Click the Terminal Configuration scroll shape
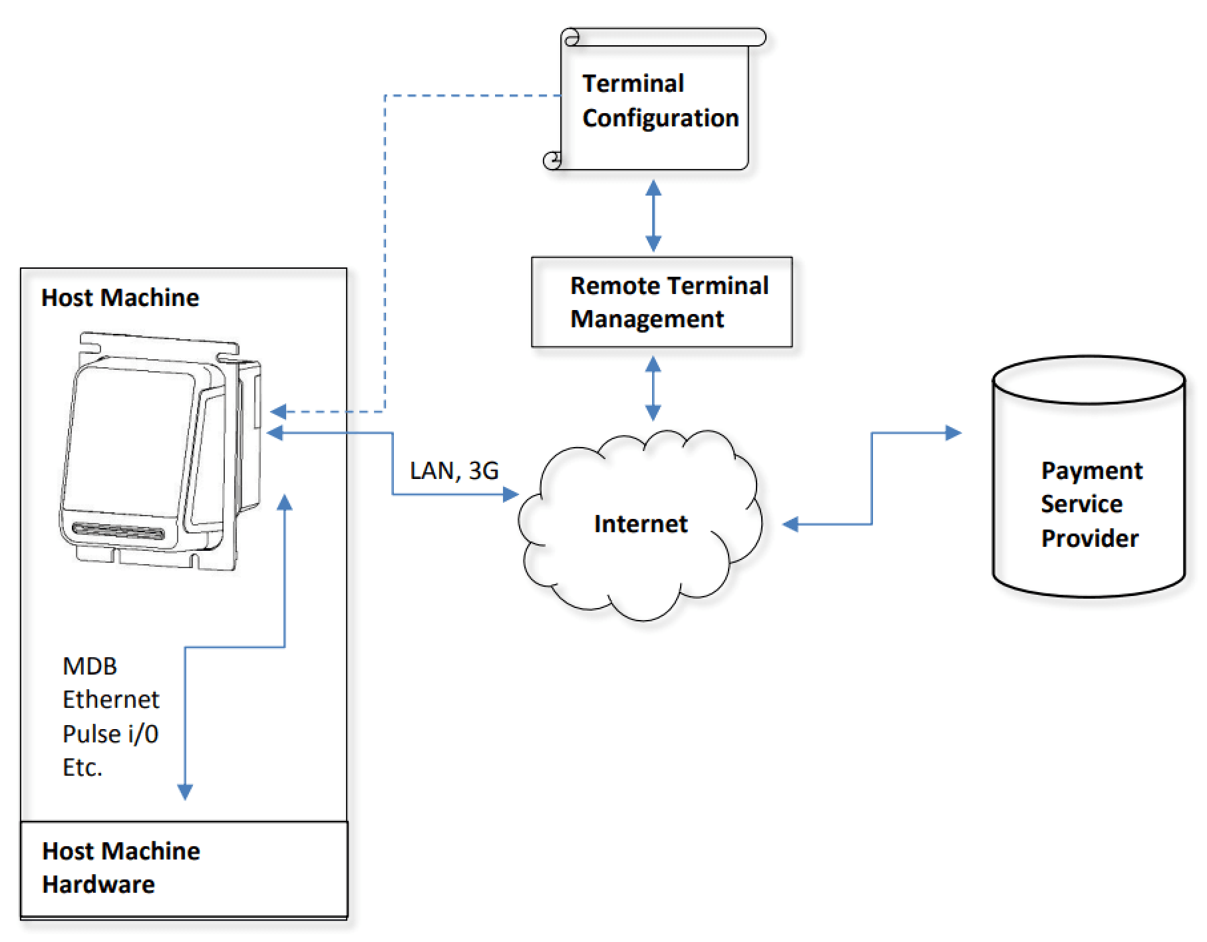point(655,100)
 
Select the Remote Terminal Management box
point(661,302)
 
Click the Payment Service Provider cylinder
point(1089,479)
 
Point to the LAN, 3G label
point(454,471)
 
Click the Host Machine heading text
point(120,297)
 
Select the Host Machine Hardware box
point(184,868)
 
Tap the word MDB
point(90,666)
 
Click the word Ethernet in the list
point(110,700)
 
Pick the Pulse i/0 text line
point(110,734)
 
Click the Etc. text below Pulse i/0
point(83,768)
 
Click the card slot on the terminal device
point(118,532)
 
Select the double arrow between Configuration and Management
point(653,216)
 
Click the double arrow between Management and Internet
point(653,389)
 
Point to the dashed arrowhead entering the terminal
point(277,412)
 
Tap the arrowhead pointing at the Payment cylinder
point(954,433)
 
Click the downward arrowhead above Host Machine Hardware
point(185,792)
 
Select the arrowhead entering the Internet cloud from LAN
point(511,494)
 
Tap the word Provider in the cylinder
point(1089,538)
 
